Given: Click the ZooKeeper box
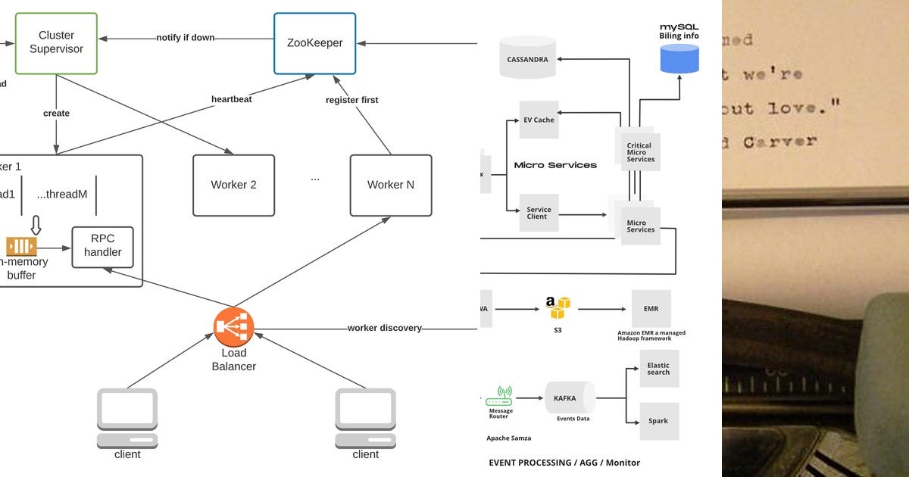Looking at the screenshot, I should (x=314, y=43).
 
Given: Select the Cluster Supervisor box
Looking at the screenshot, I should (x=56, y=42).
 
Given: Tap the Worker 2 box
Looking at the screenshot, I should (x=233, y=185).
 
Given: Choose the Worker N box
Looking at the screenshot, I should (x=391, y=185).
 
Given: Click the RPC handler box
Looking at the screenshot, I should (x=102, y=247).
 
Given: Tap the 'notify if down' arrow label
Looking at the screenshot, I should (x=186, y=38).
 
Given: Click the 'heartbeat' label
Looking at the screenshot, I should (x=232, y=99).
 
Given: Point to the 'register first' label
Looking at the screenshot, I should (x=351, y=100).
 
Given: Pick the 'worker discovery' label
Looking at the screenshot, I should (x=384, y=328).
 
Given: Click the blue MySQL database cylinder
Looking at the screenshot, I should (x=679, y=58).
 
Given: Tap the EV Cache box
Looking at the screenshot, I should (x=539, y=120).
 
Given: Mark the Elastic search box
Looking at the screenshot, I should (x=658, y=369).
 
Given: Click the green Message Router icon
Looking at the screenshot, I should (x=499, y=396).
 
